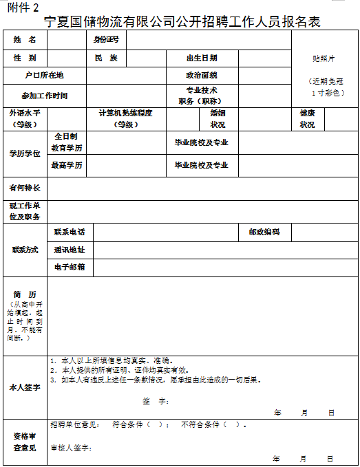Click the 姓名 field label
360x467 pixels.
point(25,40)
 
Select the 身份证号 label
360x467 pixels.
point(106,40)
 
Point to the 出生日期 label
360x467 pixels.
point(202,58)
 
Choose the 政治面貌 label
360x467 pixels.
point(202,75)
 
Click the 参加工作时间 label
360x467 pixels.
point(44,96)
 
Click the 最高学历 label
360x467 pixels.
point(67,165)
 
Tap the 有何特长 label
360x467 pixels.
point(25,188)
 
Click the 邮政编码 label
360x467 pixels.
point(264,232)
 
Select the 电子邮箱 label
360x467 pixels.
point(70,266)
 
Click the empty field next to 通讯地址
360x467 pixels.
point(225,249)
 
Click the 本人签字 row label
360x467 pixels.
point(25,387)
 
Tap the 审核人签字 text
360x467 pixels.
point(71,448)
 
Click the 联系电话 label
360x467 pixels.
point(70,232)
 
